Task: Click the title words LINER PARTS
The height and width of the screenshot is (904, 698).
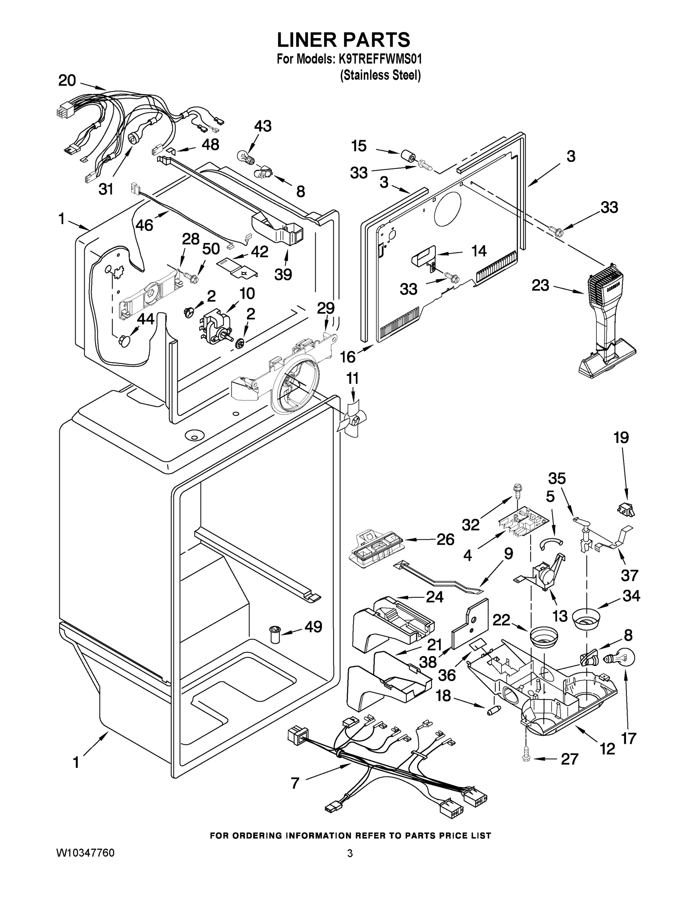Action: coord(343,40)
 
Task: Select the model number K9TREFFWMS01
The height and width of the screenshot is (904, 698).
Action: coord(380,59)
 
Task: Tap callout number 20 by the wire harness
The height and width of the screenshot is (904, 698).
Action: coord(67,80)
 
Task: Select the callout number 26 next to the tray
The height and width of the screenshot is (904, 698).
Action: coord(446,540)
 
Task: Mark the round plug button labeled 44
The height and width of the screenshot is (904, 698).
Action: coord(124,340)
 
